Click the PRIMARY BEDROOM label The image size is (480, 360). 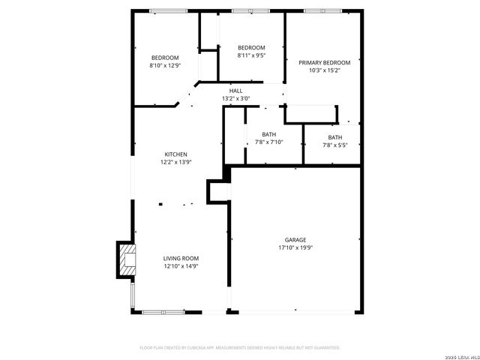point(325,63)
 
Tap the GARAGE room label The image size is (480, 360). point(295,240)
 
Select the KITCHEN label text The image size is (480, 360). point(176,154)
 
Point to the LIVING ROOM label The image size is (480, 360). point(181,259)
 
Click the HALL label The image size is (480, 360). point(235,91)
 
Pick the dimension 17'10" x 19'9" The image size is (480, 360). point(295,247)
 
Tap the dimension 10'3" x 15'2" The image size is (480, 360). point(325,70)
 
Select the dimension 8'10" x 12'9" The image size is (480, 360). point(165,65)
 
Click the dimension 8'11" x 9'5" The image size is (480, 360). point(251,55)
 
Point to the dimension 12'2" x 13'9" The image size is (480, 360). point(176,162)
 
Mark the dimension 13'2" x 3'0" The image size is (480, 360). point(235,98)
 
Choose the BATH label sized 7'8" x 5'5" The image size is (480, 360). point(334,137)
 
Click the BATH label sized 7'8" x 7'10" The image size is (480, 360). point(268,134)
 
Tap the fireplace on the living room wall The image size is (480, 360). point(125,259)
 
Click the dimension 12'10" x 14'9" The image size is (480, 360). point(181,266)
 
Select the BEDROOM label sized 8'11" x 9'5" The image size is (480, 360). point(251,47)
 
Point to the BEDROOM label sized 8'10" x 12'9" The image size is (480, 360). point(165,58)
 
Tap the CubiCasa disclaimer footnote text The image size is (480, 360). point(240,348)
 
